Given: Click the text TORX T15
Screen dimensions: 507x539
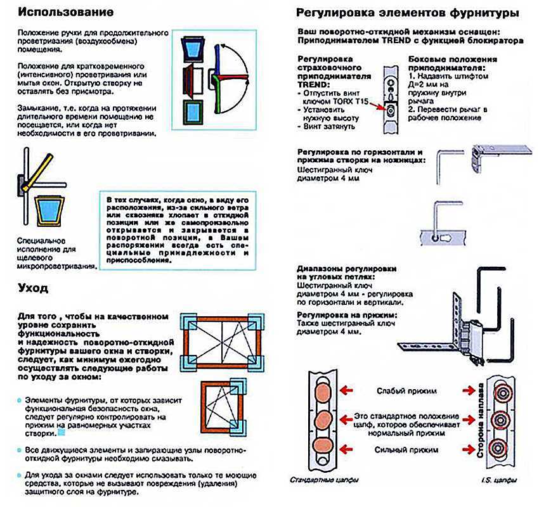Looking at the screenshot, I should (341, 100).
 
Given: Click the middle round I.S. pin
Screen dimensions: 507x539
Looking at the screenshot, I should (501, 419).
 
